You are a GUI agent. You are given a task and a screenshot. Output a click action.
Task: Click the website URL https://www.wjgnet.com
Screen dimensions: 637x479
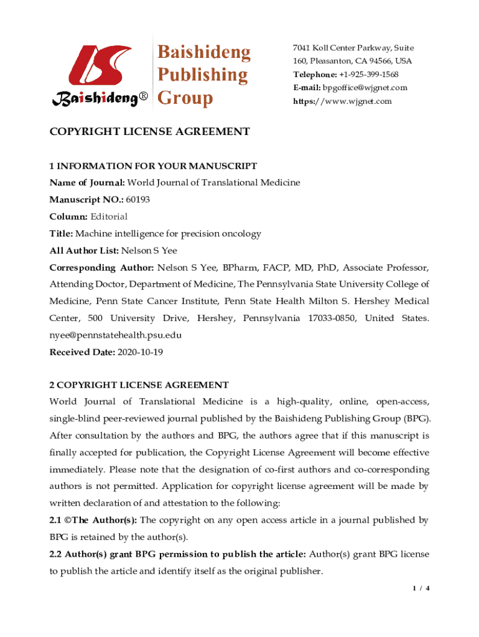pos(343,101)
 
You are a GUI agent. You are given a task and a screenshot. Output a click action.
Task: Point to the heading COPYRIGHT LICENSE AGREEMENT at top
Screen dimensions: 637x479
pos(149,132)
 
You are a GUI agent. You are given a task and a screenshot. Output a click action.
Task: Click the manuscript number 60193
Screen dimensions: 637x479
pos(137,200)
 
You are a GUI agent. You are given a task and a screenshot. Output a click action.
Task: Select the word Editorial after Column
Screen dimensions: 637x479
pos(109,216)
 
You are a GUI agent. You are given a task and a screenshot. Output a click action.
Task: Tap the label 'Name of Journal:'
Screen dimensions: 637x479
pos(88,183)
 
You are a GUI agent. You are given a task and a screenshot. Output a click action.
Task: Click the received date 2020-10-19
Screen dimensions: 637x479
pos(142,352)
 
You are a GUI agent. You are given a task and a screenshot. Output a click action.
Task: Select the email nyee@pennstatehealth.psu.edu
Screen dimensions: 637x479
pos(116,335)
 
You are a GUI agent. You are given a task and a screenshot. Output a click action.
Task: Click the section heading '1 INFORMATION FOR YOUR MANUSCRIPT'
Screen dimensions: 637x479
pos(153,166)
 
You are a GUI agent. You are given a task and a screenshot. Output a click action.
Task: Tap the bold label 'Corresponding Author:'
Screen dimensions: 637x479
pos(102,267)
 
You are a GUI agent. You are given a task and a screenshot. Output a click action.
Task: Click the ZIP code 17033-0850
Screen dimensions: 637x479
pos(330,318)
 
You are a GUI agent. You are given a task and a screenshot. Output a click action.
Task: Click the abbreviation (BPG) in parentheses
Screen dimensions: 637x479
pos(414,419)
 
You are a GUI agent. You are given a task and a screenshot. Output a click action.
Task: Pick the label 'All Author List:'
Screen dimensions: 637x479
pos(83,251)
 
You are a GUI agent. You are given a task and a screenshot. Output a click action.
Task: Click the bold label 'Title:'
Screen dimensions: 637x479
pos(62,234)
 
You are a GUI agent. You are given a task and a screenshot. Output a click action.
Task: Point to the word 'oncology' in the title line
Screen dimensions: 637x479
pos(241,234)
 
